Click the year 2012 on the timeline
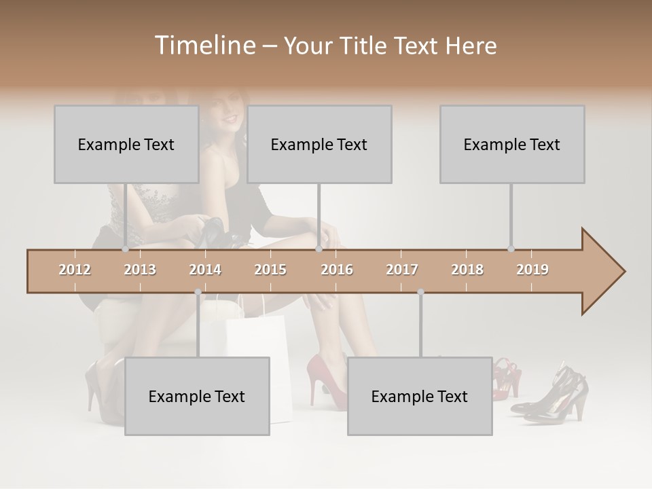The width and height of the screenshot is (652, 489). coord(75,270)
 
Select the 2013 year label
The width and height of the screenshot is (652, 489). coord(140,270)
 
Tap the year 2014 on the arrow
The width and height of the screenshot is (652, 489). coord(205,270)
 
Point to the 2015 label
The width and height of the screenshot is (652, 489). coord(270,270)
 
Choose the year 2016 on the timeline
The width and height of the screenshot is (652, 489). coord(337,270)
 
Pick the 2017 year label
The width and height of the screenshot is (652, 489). coord(402,270)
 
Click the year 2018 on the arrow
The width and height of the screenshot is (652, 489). coord(467,270)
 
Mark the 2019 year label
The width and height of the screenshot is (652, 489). coord(532,270)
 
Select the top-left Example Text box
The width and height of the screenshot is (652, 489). coord(126,144)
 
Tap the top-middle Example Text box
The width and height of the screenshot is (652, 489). coord(319,144)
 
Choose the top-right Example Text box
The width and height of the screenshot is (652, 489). coord(512,144)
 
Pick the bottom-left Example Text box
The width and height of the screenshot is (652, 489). coord(197,396)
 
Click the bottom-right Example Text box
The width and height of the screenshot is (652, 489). coord(420,396)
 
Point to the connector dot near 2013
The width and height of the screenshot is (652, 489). coord(125,249)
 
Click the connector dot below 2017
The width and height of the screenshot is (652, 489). coord(420,292)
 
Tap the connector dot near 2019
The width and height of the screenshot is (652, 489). coord(511,249)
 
